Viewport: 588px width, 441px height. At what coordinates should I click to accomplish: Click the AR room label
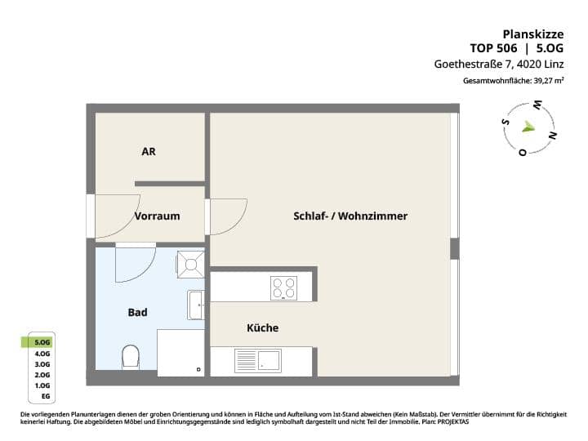click(x=148, y=151)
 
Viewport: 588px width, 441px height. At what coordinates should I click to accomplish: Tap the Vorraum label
click(x=157, y=216)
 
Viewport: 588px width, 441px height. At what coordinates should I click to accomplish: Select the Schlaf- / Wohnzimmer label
click(x=350, y=216)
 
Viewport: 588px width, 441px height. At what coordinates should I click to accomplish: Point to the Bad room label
click(x=137, y=312)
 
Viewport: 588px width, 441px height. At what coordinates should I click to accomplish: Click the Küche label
click(x=262, y=327)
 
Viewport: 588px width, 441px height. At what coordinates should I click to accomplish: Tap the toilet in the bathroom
click(x=130, y=356)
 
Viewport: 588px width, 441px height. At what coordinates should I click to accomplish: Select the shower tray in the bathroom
click(x=190, y=264)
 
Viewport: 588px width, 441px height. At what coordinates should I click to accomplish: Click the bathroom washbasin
click(x=195, y=305)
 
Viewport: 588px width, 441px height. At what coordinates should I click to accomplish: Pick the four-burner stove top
click(x=283, y=287)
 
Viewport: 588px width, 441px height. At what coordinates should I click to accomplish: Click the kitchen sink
click(x=257, y=359)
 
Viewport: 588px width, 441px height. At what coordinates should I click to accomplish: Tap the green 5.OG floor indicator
click(x=42, y=341)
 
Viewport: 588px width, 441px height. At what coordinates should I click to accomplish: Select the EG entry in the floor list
click(x=45, y=396)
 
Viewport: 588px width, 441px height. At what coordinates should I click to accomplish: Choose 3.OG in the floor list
click(x=42, y=363)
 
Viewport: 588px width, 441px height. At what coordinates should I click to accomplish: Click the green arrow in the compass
click(x=529, y=127)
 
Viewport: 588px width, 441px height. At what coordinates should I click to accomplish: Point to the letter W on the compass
click(x=538, y=105)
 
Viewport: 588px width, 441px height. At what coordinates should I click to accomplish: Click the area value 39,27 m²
click(x=548, y=82)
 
